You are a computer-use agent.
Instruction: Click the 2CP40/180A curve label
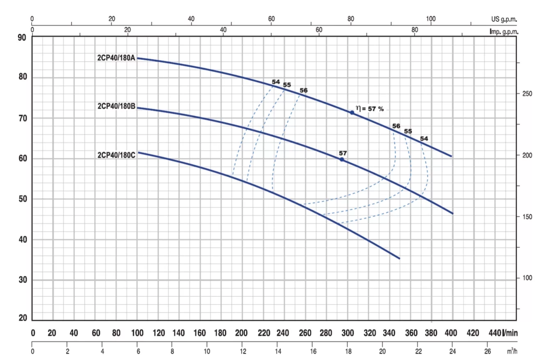pyautogui.click(x=117, y=58)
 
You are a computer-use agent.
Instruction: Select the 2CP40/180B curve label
pyautogui.click(x=117, y=106)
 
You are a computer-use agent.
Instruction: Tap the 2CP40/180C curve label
pyautogui.click(x=117, y=155)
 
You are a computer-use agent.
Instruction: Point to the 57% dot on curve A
pyautogui.click(x=352, y=112)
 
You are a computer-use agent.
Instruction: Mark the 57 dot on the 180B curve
pyautogui.click(x=342, y=159)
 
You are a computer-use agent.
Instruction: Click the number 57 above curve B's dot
pyautogui.click(x=343, y=153)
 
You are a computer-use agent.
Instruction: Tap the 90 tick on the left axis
pyautogui.click(x=21, y=38)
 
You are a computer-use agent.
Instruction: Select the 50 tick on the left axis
pyautogui.click(x=21, y=199)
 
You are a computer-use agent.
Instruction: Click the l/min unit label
pyautogui.click(x=510, y=332)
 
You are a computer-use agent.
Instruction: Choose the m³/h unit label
pyautogui.click(x=511, y=351)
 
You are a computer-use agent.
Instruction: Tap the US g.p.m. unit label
pyautogui.click(x=504, y=19)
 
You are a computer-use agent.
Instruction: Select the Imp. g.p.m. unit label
pyautogui.click(x=504, y=31)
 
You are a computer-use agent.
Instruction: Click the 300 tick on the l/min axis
pyautogui.click(x=348, y=332)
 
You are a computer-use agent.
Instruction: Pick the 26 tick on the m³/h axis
pyautogui.click(x=487, y=351)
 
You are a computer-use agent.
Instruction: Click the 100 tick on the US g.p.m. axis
pyautogui.click(x=430, y=19)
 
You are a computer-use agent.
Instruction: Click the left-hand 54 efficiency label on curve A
pyautogui.click(x=276, y=82)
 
